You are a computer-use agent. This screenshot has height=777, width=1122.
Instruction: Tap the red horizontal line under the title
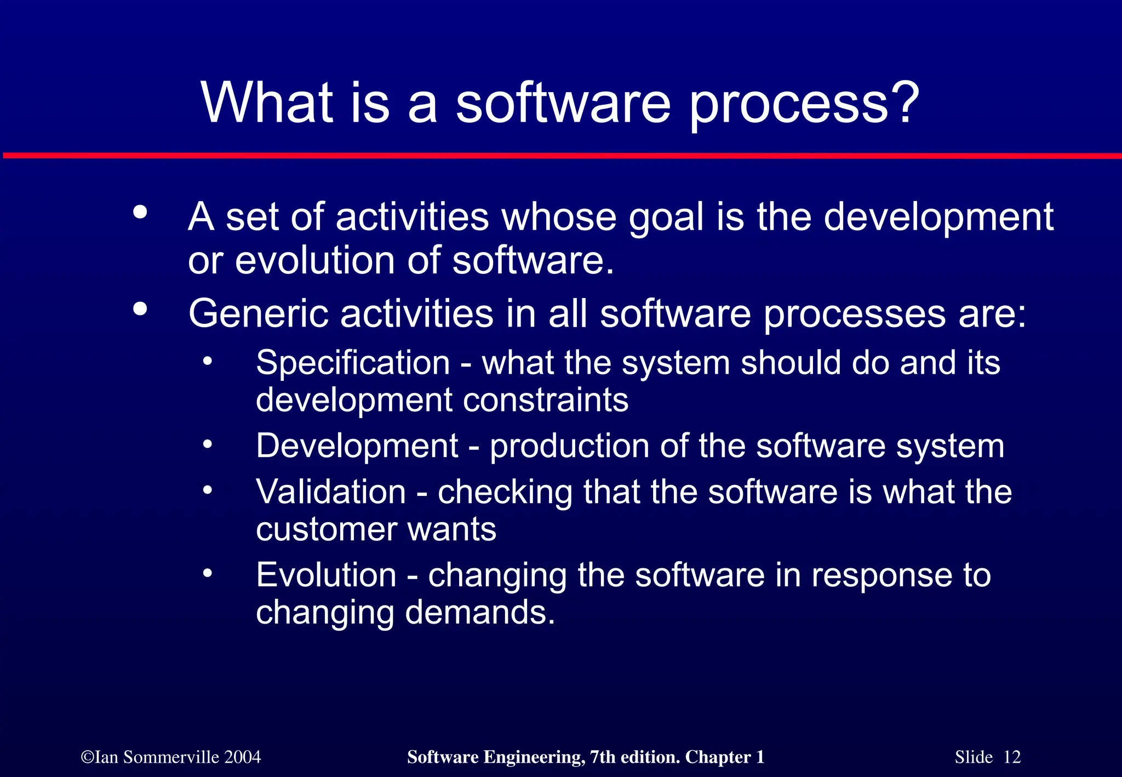point(561,156)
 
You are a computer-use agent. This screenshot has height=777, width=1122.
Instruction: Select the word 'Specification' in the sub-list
point(353,363)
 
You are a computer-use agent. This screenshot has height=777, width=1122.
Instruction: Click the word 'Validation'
point(331,492)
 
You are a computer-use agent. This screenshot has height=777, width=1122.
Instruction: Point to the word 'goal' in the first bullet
point(666,218)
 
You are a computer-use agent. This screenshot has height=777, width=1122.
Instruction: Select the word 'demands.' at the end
point(480,612)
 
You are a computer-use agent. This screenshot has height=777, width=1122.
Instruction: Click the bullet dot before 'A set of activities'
point(140,212)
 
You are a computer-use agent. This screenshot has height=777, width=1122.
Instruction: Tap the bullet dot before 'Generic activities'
point(140,309)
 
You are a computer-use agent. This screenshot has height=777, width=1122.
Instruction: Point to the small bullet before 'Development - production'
point(207,444)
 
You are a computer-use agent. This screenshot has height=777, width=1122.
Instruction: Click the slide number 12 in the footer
point(1012,757)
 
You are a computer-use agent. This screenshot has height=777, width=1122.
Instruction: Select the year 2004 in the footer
point(242,757)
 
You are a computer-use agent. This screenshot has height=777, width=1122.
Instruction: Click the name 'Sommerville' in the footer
point(171,757)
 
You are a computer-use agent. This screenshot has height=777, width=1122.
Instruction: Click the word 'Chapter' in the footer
point(718,757)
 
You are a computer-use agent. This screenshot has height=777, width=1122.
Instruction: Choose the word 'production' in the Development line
point(569,446)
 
